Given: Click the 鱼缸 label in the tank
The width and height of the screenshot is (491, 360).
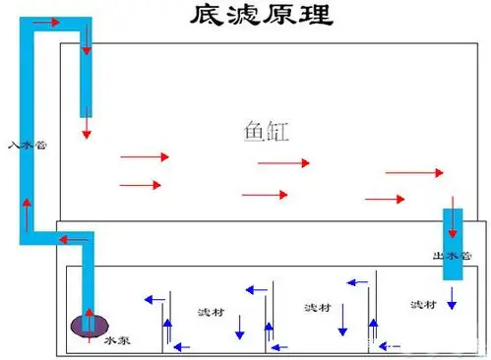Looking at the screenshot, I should click(263, 129).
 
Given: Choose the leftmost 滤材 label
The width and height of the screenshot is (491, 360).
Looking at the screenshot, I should click(210, 312).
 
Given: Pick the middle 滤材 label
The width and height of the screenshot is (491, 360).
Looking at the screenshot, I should click(318, 307).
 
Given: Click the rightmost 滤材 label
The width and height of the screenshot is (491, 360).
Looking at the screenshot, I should click(423, 304).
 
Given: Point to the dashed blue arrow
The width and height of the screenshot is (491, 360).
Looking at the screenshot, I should click(391, 345).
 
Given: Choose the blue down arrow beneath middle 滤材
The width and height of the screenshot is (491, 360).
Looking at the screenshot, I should click(342, 322).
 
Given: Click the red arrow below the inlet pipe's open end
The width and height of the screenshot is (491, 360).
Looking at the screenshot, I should click(87, 125).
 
